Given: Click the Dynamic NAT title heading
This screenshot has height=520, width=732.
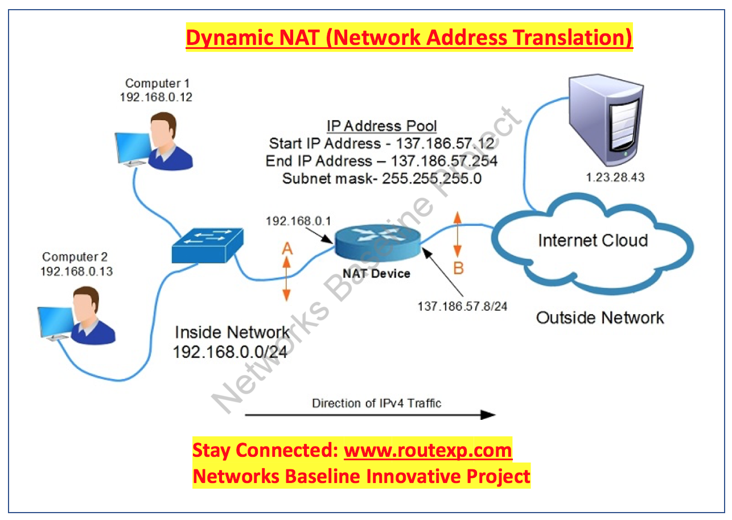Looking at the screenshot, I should pos(409,38).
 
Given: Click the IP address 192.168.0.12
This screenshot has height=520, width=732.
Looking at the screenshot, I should pos(156,97).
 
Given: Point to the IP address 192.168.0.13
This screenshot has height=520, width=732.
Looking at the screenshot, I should pos(76,271).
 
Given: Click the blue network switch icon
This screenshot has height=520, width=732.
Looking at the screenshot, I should pos(207,245).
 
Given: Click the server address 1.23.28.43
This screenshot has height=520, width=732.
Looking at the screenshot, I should pos(615,178).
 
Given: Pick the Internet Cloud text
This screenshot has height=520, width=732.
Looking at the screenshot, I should pos(593,240).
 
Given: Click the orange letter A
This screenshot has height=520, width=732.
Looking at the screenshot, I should pos(287,248).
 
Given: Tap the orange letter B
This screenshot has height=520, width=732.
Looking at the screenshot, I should pos(458,268).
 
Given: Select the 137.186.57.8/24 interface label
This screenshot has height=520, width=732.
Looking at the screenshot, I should pos(462,306).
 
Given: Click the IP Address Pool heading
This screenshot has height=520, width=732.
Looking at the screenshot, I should pos(381,126).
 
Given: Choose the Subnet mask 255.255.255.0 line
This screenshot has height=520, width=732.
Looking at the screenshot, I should pos(382,179).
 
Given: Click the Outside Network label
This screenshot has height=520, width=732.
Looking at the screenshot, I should pos(599,317).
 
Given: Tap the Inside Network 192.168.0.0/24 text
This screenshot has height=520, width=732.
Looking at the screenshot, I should pos(232,342).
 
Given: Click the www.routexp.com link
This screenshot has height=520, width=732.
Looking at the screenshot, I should pos(428,450).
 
